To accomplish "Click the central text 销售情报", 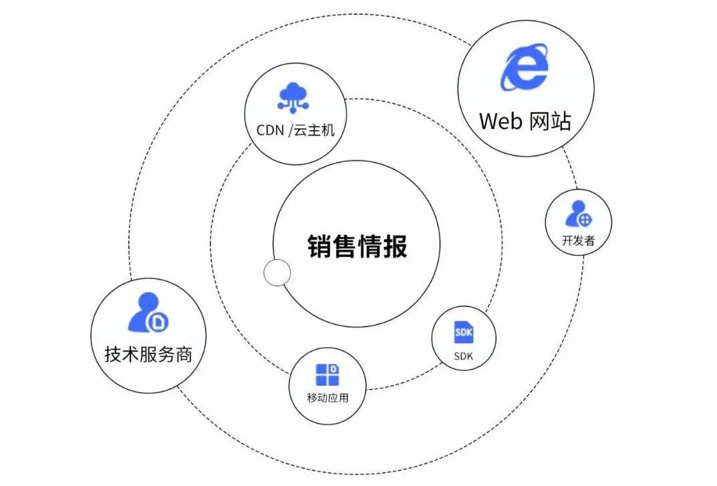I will tap(357, 246).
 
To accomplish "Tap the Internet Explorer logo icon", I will tap(525, 67).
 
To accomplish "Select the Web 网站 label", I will tap(525, 121).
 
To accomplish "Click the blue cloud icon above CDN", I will tap(295, 97).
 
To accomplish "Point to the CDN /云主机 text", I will tap(295, 130).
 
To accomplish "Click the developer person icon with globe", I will tap(578, 214).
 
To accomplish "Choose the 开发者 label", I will tap(578, 241).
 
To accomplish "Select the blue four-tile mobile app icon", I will tap(327, 375).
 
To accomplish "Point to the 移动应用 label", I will tap(327, 399).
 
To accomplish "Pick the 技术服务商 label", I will tap(148, 353).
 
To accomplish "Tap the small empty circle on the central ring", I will tap(277, 272).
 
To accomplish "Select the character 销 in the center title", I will tap(320, 246).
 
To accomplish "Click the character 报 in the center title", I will tap(396, 246).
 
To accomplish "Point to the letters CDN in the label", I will tap(271, 130).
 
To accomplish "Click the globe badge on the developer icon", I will tap(584, 219).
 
